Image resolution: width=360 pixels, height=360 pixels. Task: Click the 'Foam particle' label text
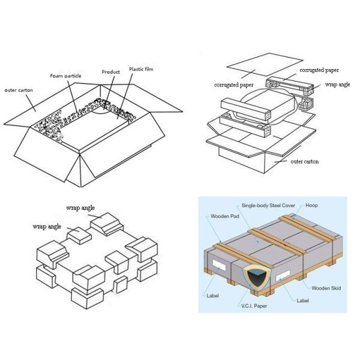tap(66, 76)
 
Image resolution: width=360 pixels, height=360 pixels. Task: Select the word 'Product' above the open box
tap(110, 71)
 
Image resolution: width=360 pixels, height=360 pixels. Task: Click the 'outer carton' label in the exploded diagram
tap(304, 161)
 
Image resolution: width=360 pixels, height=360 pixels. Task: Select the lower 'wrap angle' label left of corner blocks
tap(46, 227)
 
